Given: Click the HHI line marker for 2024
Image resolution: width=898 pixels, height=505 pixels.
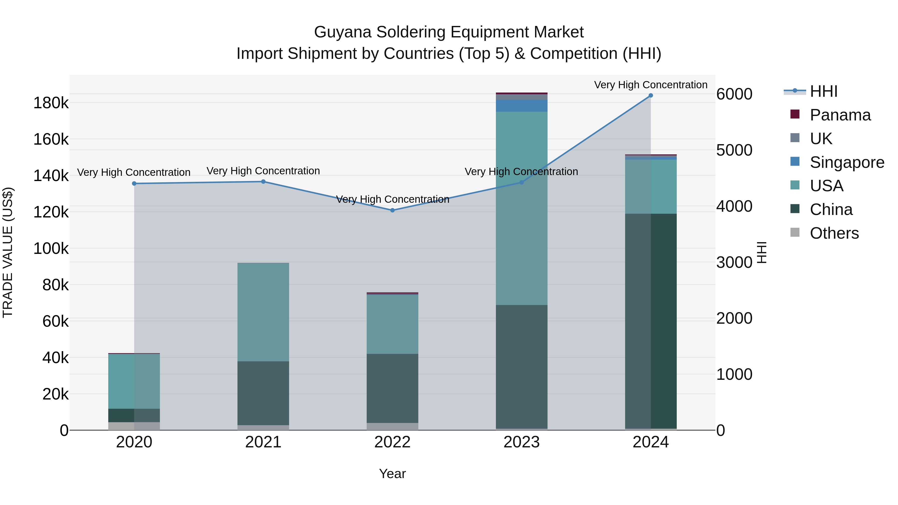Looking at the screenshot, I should [x=651, y=96].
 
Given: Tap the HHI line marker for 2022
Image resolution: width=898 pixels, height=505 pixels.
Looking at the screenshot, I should [x=392, y=210].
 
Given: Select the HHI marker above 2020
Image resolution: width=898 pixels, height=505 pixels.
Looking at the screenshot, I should [x=134, y=184].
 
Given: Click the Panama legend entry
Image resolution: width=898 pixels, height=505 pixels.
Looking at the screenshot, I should [x=840, y=115].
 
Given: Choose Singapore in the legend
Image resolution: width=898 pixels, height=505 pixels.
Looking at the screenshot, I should [x=847, y=162].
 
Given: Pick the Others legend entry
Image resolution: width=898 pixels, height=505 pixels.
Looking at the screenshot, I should [x=834, y=233].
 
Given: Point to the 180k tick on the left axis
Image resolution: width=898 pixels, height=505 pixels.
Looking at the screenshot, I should [x=51, y=103].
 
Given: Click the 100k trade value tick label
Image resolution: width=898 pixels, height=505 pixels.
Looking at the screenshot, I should [x=51, y=249].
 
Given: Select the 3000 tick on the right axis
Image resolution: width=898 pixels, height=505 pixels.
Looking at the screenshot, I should [x=734, y=262].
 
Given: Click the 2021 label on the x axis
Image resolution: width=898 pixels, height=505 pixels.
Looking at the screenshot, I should [x=263, y=442].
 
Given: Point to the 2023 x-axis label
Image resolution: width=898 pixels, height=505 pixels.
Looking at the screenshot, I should [x=522, y=442].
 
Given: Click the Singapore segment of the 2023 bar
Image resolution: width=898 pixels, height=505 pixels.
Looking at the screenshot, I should [x=522, y=105].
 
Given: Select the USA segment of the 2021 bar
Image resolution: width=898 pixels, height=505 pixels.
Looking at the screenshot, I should [x=263, y=312].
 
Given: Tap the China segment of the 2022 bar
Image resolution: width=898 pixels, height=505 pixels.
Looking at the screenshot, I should [x=392, y=388].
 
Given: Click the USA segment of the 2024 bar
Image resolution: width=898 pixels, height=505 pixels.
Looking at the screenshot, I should [x=651, y=187].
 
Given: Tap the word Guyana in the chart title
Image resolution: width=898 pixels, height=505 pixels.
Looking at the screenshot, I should [x=343, y=32].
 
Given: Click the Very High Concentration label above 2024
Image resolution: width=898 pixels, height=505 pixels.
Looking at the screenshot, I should [x=651, y=85].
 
